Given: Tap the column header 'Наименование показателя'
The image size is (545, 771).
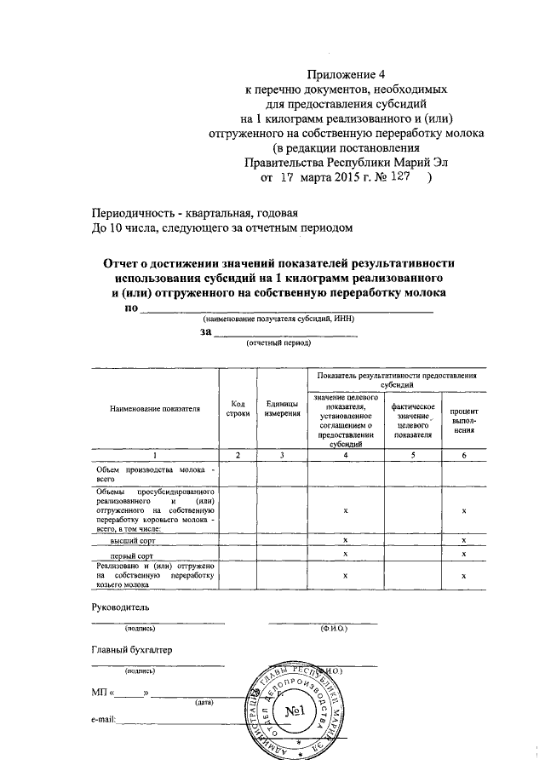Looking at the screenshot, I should pos(154,409).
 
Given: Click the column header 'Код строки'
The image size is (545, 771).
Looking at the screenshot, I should pos(238,409).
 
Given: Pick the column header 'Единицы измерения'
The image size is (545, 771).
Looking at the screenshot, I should pos(282,409).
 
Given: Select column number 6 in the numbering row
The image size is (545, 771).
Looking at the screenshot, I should pos(463,457).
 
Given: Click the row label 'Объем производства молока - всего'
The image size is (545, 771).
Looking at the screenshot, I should pos(154,475).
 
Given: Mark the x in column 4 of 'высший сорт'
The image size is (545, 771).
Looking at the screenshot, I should pos(345,540).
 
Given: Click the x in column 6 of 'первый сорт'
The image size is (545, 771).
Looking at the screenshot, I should pos(463,554).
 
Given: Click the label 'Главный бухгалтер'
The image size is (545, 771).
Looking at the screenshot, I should pos(131,650).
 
